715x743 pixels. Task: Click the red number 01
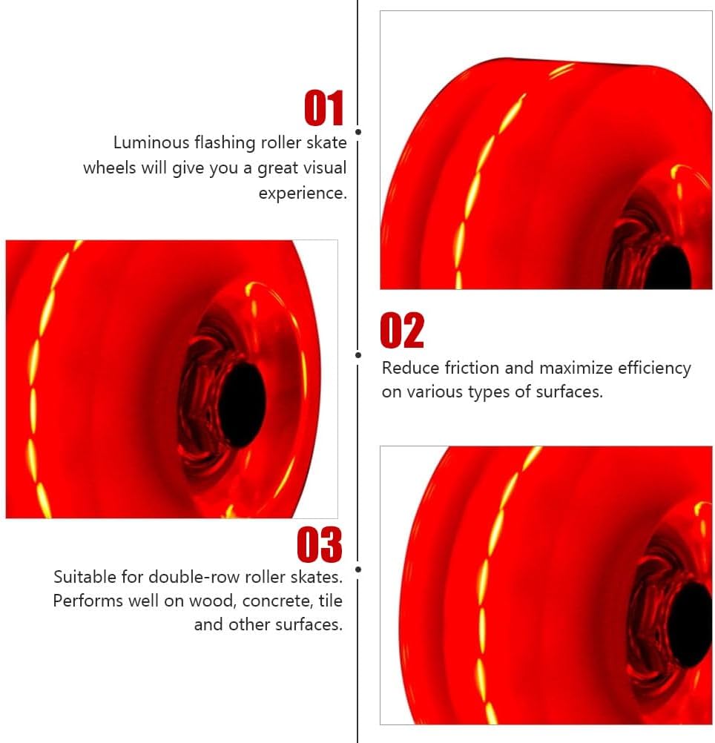pyautogui.click(x=324, y=108)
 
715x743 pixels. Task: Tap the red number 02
pyautogui.click(x=402, y=331)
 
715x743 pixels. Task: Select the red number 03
pyautogui.click(x=320, y=545)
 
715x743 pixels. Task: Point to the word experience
pyautogui.click(x=302, y=194)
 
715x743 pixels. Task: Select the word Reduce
pyautogui.click(x=409, y=368)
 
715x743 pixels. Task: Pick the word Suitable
pyautogui.click(x=85, y=576)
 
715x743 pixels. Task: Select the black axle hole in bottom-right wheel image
pyautogui.click(x=691, y=624)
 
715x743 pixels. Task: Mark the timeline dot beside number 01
pyautogui.click(x=358, y=132)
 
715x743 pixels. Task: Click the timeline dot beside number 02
pyautogui.click(x=358, y=355)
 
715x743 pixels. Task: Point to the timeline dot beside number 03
pyautogui.click(x=358, y=569)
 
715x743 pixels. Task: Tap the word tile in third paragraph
pyautogui.click(x=329, y=601)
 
